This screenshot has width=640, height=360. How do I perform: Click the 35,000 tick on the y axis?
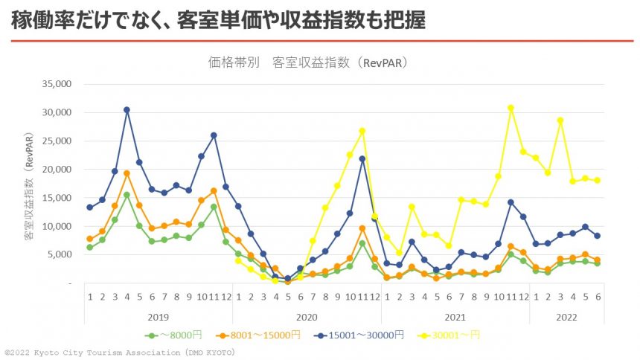coord(56,84)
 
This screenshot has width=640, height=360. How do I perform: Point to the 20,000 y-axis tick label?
coord(56,170)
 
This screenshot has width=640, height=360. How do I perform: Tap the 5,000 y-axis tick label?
coord(58,254)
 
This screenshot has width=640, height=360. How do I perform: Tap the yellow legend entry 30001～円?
coord(453,335)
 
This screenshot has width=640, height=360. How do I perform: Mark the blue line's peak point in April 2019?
coord(127,110)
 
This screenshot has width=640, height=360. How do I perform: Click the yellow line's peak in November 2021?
coord(511,108)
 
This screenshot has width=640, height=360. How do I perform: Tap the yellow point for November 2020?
coord(362,131)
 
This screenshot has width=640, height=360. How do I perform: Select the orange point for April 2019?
coord(127,173)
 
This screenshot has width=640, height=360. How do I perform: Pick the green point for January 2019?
coord(89,247)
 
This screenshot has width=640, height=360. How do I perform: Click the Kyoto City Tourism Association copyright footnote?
coord(119,353)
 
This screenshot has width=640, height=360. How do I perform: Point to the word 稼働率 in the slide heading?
coord(35,20)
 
